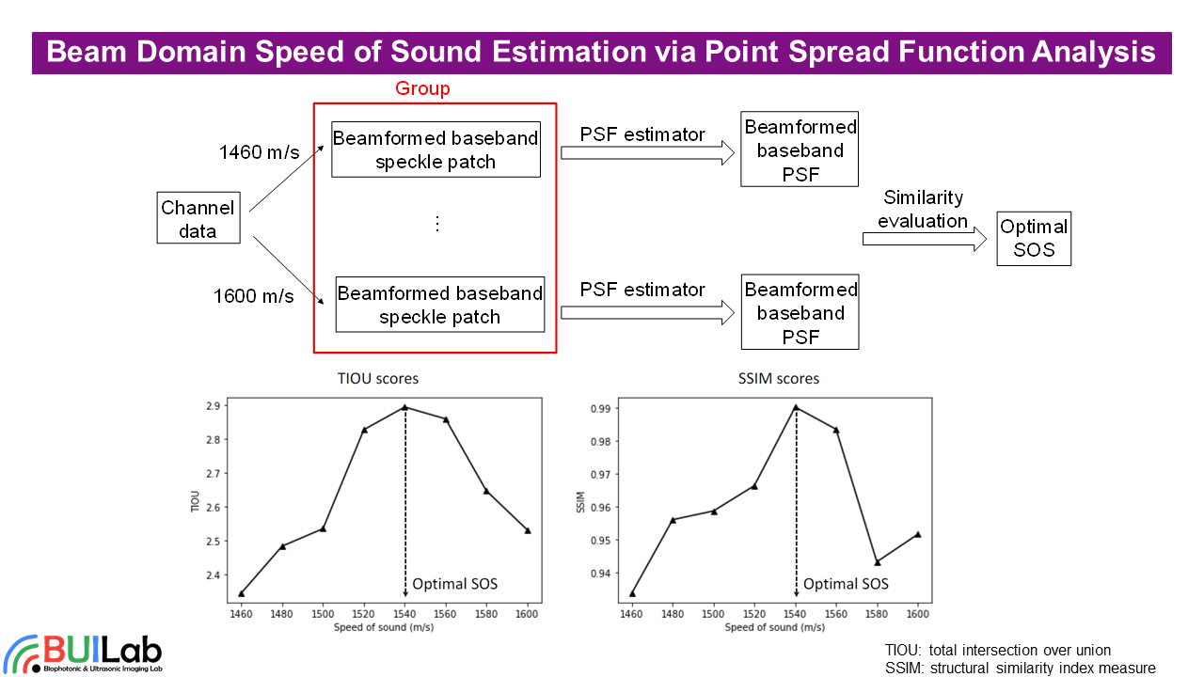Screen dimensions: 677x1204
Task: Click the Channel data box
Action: [198, 219]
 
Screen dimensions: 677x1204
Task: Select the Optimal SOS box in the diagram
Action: [1034, 239]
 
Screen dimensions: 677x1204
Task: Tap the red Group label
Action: [422, 88]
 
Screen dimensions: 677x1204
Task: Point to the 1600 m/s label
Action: [253, 297]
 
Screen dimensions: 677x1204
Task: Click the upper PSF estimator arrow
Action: [647, 153]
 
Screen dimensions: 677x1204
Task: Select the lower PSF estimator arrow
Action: [647, 308]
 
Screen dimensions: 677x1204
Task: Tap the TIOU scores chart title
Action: [378, 378]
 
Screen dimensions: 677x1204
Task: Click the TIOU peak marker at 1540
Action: [405, 407]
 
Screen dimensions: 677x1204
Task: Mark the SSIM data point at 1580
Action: [878, 562]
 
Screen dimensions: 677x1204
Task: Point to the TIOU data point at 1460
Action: [242, 593]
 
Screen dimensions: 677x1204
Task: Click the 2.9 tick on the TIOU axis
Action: [212, 406]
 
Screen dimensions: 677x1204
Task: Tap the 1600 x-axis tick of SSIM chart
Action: [918, 614]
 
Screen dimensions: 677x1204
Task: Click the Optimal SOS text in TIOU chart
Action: [455, 584]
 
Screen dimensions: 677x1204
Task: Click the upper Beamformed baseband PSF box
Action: [800, 150]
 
